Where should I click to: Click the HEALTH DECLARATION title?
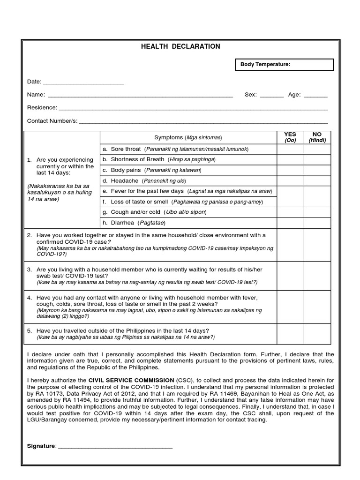pos(181,46)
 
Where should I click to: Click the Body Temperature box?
pos(284,65)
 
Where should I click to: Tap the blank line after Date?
pos(83,82)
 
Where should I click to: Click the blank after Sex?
pos(271,96)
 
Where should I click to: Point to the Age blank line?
pos(315,96)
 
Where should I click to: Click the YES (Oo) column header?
pos(290,137)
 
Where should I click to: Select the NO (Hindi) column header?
pos(317,137)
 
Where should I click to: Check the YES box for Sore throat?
pos(290,149)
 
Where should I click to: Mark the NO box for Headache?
pos(317,180)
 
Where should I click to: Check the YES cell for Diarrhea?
pos(290,223)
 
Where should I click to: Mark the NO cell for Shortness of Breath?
pos(317,159)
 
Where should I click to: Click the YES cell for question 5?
pos(290,333)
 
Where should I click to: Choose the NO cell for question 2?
pos(317,245)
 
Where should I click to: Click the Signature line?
pos(115,446)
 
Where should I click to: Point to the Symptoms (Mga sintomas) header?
pos(188,137)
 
